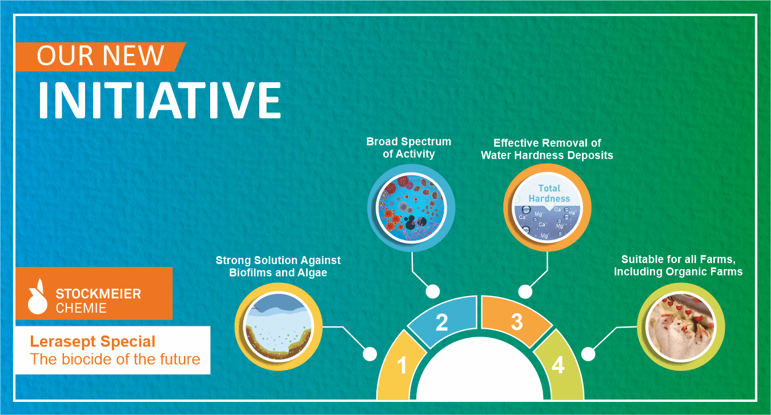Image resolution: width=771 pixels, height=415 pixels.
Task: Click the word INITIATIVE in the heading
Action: point(160,100)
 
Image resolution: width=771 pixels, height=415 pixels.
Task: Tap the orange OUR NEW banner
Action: point(100,57)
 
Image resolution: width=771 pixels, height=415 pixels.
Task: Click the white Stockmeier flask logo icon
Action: point(38,297)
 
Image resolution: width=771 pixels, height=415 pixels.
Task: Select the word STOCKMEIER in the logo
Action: point(98,294)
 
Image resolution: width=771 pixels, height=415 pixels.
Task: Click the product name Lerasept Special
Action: point(93,342)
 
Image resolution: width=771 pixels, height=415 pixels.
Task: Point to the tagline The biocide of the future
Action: point(115,359)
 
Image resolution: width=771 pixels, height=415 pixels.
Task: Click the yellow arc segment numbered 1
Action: point(401,365)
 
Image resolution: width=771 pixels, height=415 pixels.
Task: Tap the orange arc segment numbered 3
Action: point(515,322)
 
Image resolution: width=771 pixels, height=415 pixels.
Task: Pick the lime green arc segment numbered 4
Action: point(559,365)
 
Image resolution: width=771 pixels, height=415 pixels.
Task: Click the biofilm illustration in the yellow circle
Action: point(278,327)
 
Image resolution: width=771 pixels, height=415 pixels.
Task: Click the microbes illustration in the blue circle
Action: point(411,208)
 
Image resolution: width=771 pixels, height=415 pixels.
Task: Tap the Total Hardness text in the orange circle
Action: point(549,194)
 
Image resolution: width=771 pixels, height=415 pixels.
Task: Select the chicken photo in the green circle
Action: point(681,327)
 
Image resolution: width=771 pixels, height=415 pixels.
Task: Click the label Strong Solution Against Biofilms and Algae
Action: point(278,266)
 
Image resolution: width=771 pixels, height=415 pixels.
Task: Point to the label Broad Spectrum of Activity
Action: point(408,147)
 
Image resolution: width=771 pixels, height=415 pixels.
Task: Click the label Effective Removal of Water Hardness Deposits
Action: point(547,149)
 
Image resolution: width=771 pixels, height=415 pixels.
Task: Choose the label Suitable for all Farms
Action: point(678,260)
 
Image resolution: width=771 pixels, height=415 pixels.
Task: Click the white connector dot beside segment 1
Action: point(370,354)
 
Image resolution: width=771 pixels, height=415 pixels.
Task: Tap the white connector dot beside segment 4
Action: point(588,354)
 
